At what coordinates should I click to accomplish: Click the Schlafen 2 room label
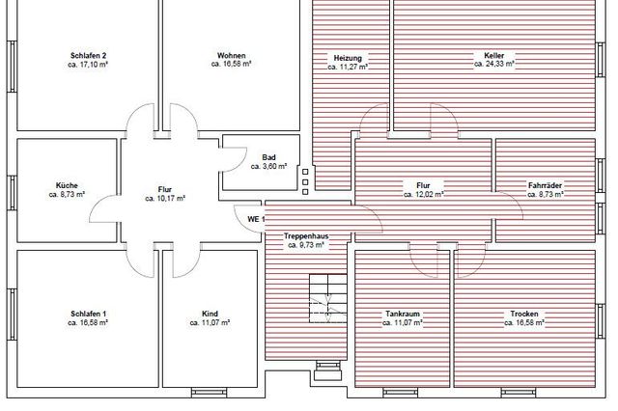[x=88, y=56]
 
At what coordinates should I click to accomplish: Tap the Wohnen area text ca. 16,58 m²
[x=232, y=64]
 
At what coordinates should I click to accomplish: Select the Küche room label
[x=67, y=185]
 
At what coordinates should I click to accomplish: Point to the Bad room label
[x=268, y=157]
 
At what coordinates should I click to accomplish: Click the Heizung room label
[x=348, y=58]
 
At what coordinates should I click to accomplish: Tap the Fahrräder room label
[x=545, y=185]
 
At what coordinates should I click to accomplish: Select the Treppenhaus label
[x=306, y=236]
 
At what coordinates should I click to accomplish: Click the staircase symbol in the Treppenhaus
[x=328, y=298]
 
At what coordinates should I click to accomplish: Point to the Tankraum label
[x=403, y=314]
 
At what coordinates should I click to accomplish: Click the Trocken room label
[x=524, y=314]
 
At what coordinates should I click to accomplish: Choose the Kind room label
[x=210, y=314]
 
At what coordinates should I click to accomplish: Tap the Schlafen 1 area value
[x=88, y=323]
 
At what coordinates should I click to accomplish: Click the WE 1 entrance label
[x=256, y=219]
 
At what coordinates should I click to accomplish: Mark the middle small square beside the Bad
[x=305, y=182]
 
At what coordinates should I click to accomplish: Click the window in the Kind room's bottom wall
[x=209, y=393]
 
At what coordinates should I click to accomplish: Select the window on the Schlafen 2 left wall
[x=12, y=67]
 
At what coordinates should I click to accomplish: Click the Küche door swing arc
[x=98, y=203]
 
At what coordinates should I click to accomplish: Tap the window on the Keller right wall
[x=600, y=60]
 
